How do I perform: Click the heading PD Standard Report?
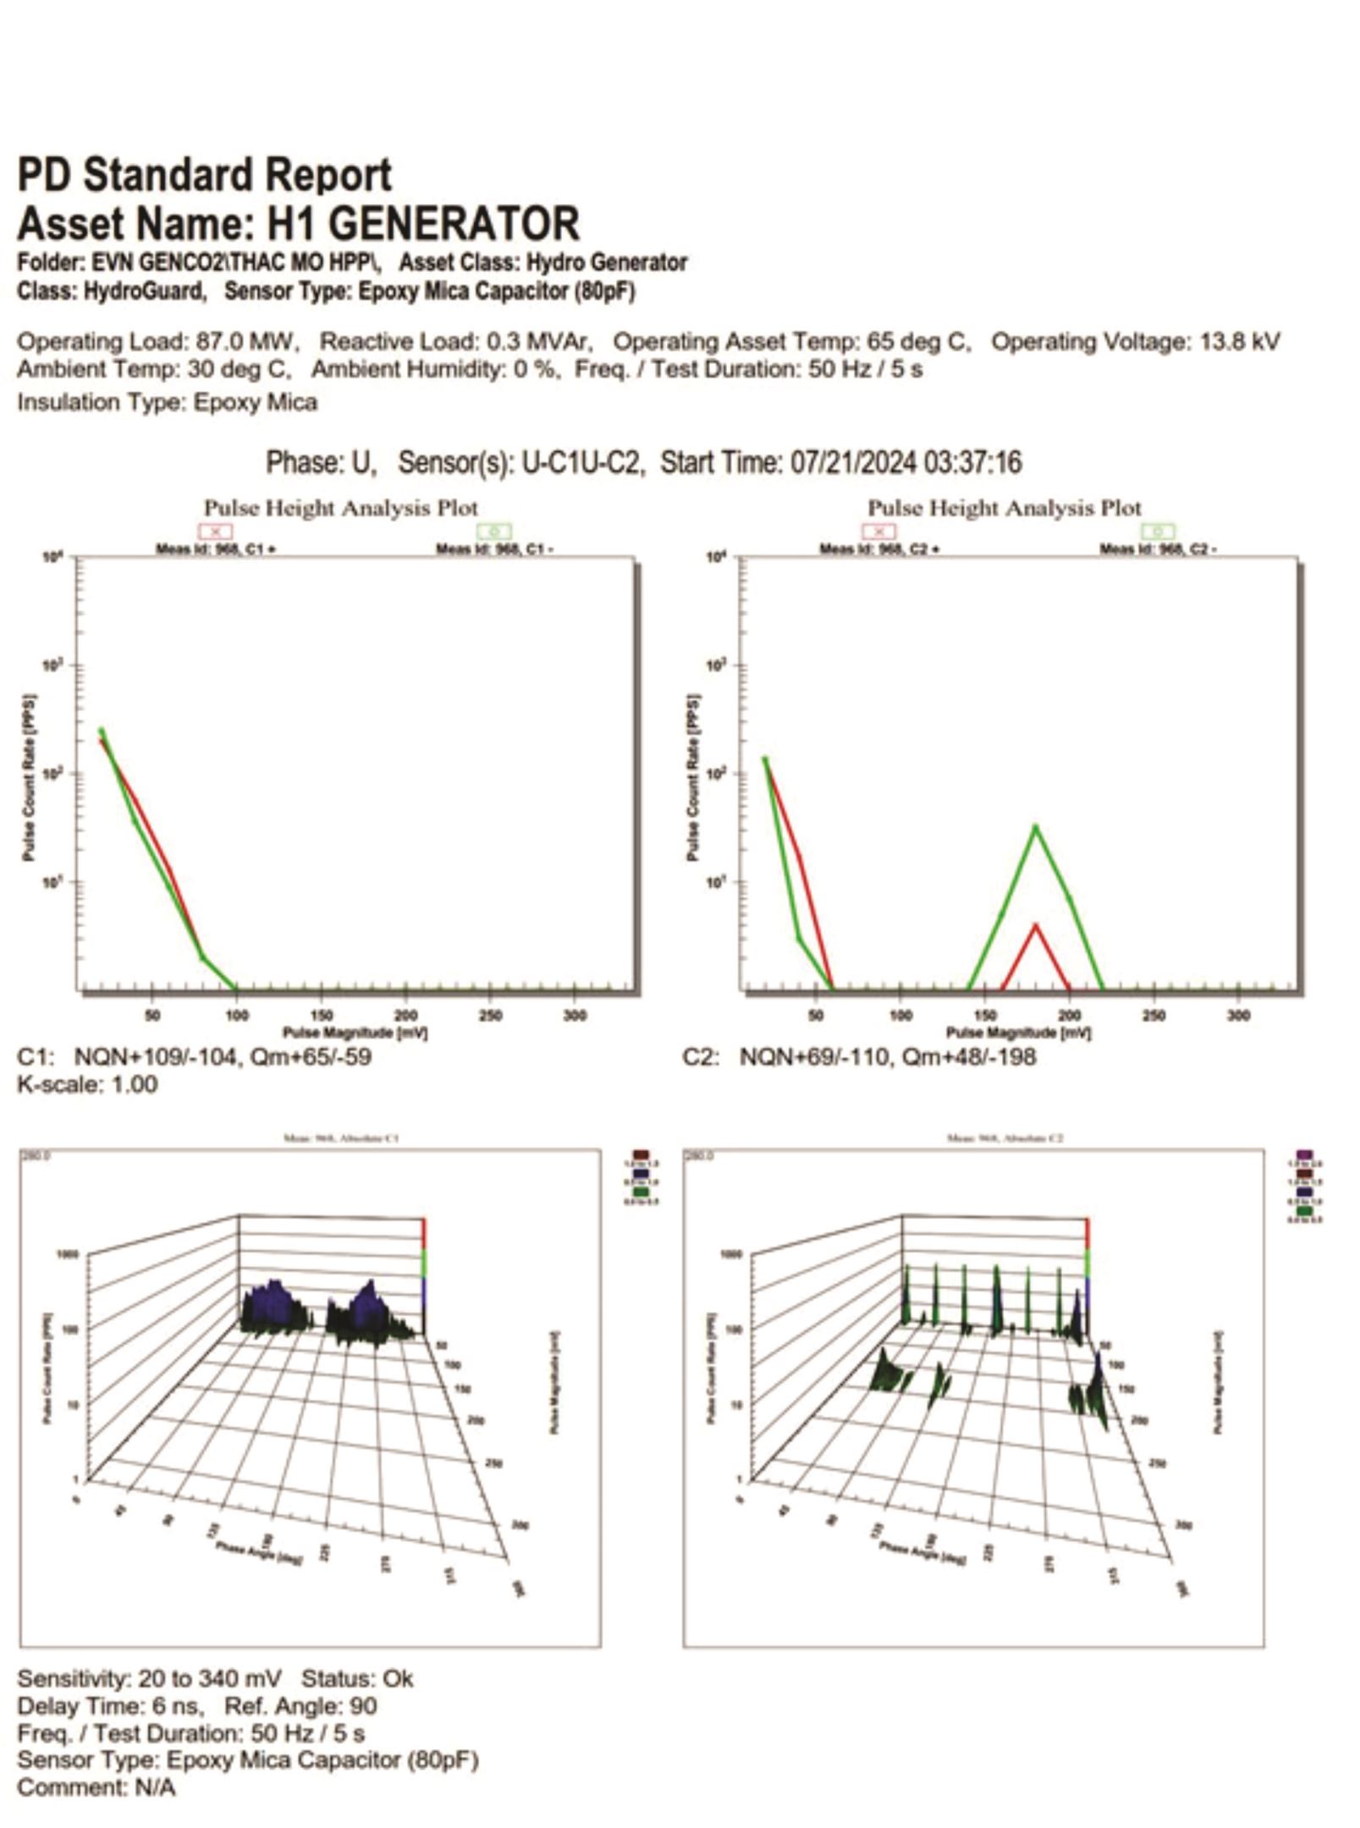tap(204, 175)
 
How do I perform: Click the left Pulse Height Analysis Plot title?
tap(340, 508)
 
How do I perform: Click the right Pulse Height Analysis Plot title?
tap(1004, 508)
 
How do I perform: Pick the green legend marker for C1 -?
tap(494, 531)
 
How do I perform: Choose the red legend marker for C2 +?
tap(879, 531)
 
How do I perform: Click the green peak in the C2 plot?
tap(1035, 827)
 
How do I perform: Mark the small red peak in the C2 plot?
tap(1035, 926)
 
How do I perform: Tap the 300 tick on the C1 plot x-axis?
tap(575, 1015)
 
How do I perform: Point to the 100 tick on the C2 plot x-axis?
tap(900, 1015)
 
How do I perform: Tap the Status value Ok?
tap(398, 1679)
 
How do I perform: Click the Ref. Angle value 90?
tap(362, 1706)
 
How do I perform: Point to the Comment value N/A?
tap(155, 1787)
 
